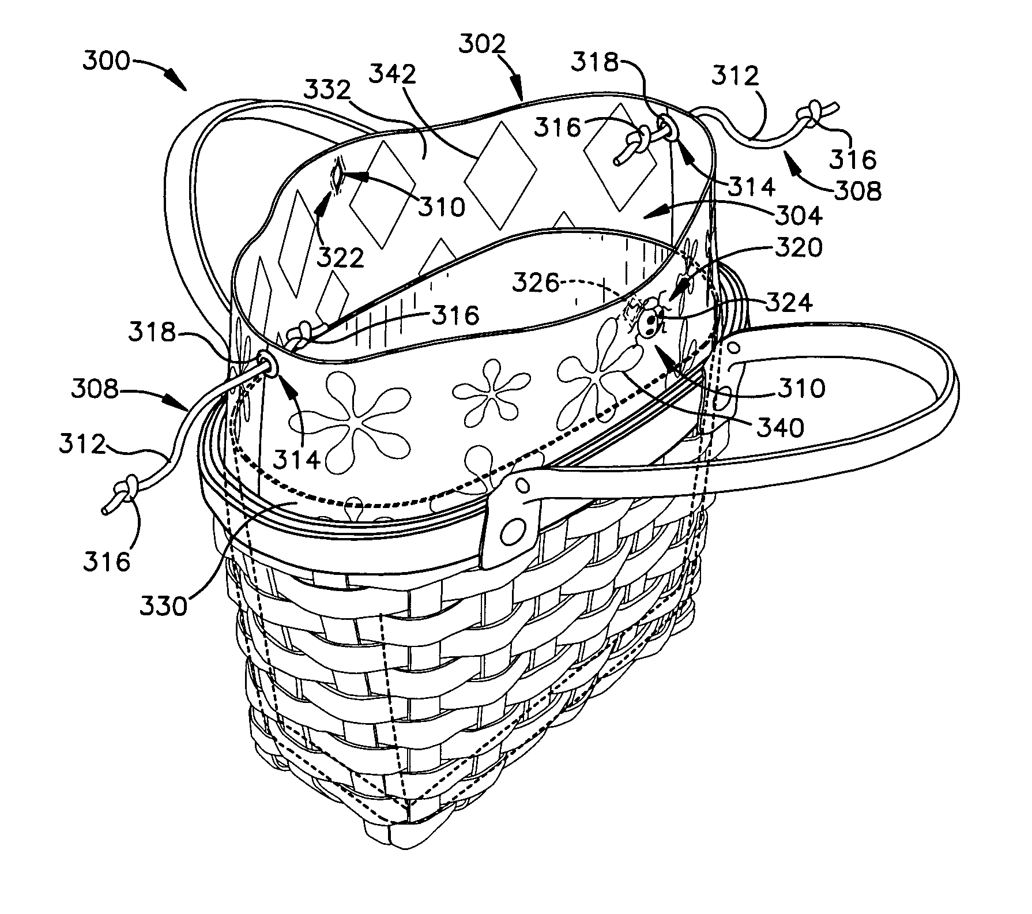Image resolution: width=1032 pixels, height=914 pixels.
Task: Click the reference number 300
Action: (107, 62)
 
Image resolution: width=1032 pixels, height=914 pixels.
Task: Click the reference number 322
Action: (341, 257)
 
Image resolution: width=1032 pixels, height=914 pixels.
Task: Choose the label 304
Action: (797, 216)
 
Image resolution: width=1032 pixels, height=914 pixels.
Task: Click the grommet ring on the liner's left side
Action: (267, 364)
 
